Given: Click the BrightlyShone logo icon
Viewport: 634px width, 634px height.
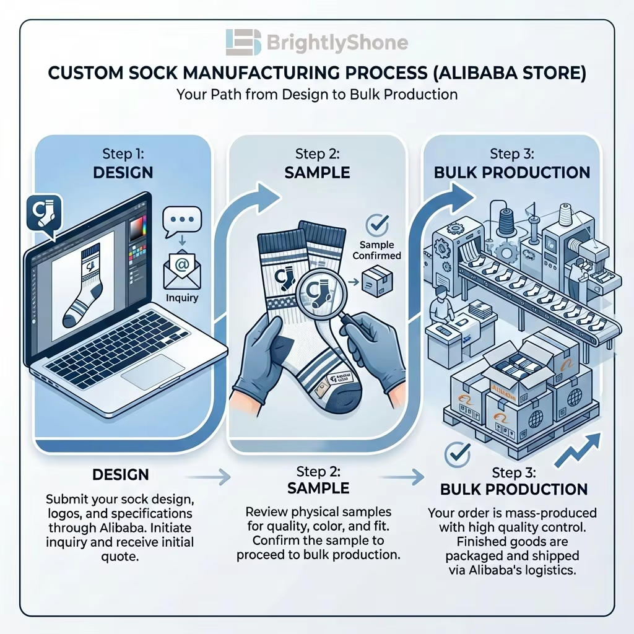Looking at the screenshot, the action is click(x=243, y=42).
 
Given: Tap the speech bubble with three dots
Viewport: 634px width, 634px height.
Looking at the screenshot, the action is click(x=182, y=222).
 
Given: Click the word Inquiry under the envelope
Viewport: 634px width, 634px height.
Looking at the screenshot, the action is click(x=182, y=298).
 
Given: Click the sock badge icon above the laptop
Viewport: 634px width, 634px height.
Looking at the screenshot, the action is click(x=44, y=214).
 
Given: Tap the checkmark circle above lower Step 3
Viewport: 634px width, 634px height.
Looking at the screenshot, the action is click(x=458, y=455).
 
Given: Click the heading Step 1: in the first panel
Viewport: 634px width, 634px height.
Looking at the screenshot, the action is click(x=123, y=154).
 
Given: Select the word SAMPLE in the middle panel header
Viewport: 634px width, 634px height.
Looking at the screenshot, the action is click(x=318, y=173).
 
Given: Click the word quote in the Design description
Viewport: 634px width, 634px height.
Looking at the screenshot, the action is click(x=120, y=557).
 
